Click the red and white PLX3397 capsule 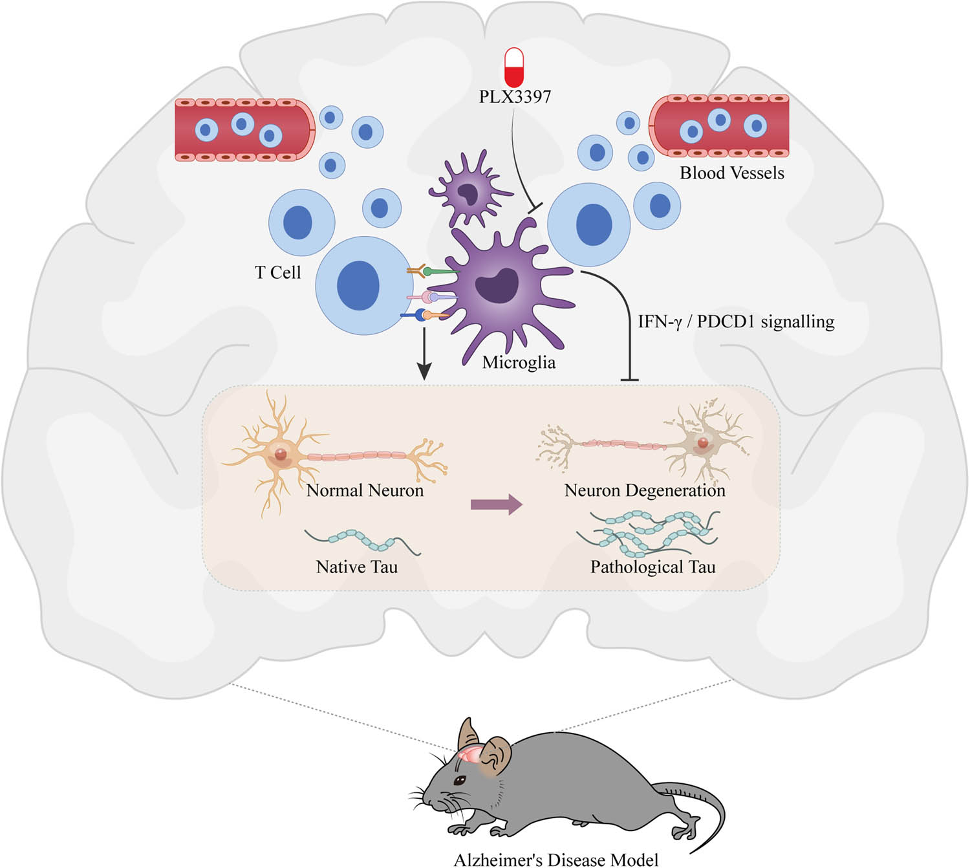tap(514, 67)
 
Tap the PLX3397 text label tap(515, 97)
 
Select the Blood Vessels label tap(731, 173)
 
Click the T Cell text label tap(277, 272)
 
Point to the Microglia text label tap(519, 362)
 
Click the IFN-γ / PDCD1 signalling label tap(736, 321)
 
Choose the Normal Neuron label tap(365, 490)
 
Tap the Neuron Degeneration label tap(645, 490)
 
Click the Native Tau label tap(356, 567)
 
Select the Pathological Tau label tap(652, 567)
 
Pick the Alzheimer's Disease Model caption tap(556, 860)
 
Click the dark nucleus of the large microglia tap(497, 285)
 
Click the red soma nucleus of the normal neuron tap(280, 454)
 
